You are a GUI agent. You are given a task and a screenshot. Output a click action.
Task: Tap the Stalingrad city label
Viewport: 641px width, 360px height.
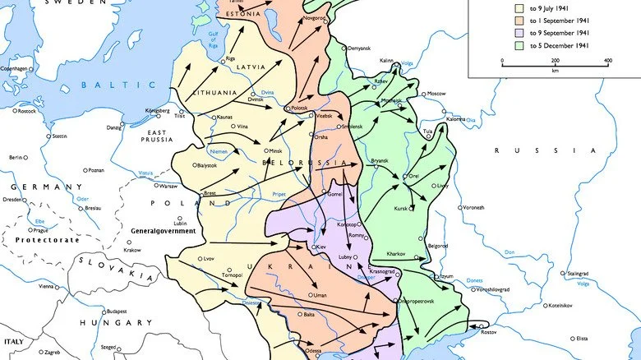(574, 273)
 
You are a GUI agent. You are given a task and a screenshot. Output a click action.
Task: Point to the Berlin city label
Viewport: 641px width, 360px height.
(16, 157)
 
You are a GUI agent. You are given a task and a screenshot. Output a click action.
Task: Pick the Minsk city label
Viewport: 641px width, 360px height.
(274, 151)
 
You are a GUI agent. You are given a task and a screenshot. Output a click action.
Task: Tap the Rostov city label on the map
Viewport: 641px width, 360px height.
(489, 332)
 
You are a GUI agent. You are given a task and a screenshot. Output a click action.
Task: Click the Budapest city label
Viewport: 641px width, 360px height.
(115, 312)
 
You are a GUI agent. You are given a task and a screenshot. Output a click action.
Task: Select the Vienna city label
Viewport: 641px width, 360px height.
(48, 287)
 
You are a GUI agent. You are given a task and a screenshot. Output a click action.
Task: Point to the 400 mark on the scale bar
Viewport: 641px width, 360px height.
(607, 62)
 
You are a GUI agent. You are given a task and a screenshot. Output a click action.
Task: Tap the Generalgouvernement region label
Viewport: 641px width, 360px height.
(164, 232)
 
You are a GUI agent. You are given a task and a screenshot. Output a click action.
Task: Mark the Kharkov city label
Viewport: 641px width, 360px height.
(394, 255)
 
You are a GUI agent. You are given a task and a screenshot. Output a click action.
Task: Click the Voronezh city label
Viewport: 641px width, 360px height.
(473, 207)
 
